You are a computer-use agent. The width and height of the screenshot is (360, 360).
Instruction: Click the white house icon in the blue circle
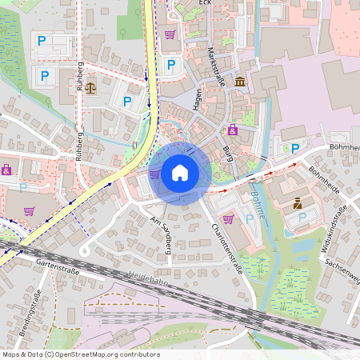point(180,172)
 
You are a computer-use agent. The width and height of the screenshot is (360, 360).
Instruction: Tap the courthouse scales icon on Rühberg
point(90,86)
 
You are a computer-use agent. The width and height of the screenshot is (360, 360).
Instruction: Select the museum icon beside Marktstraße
point(241,82)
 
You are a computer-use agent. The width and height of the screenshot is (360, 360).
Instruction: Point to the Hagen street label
point(198,99)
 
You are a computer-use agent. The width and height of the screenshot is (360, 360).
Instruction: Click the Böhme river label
point(258,206)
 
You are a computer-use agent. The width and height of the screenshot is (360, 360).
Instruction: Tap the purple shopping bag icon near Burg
point(233,130)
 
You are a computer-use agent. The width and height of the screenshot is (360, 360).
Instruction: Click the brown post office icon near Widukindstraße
point(298,203)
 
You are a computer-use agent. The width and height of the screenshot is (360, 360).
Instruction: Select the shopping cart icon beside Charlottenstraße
point(228,218)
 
